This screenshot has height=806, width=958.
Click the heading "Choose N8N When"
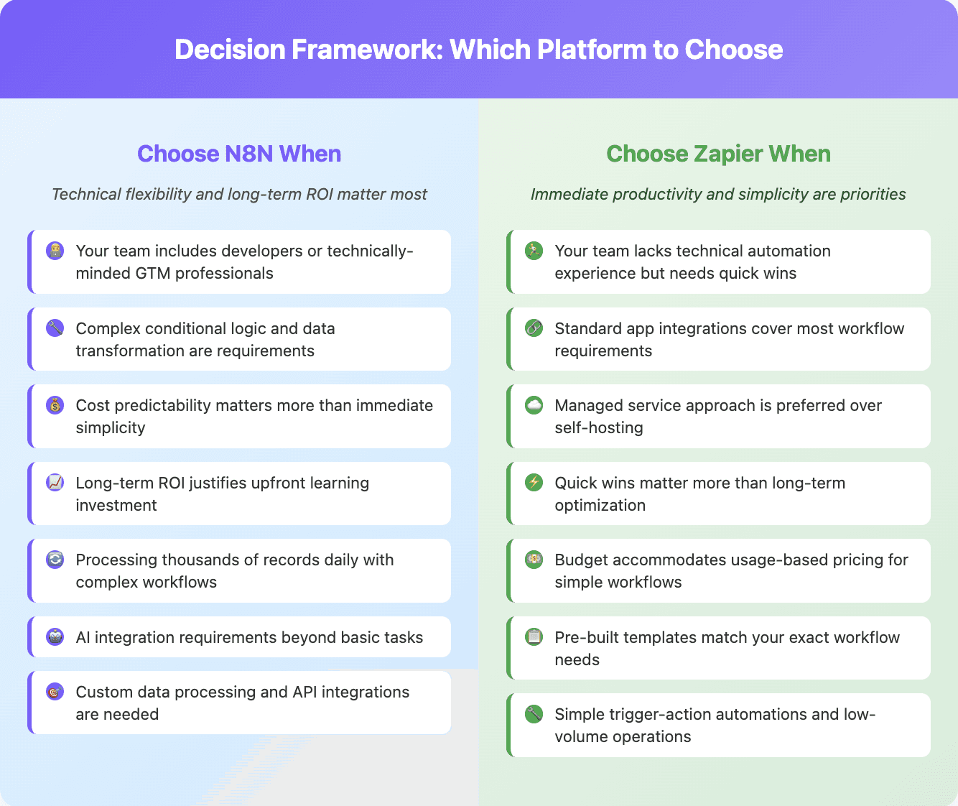[x=239, y=154]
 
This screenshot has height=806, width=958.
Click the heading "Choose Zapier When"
[x=718, y=154]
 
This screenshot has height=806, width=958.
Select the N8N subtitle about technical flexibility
[x=239, y=194]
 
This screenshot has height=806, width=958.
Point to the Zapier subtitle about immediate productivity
[x=718, y=194]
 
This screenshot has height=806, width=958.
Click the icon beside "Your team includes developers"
[x=55, y=251]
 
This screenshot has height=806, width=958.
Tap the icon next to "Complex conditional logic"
[x=55, y=328]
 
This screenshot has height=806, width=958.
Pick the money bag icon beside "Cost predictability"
[x=55, y=405]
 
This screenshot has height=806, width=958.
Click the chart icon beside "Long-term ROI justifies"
[x=55, y=483]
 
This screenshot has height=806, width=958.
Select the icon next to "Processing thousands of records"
[x=55, y=560]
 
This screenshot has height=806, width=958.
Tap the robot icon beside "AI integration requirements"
[x=55, y=637]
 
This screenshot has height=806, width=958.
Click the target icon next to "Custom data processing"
[x=55, y=692]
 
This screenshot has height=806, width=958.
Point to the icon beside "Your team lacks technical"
[x=534, y=251]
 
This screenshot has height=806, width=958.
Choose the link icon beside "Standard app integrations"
[x=534, y=328]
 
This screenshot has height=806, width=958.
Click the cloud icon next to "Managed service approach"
[x=534, y=405]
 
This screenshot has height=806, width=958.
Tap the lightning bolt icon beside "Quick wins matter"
[x=534, y=483]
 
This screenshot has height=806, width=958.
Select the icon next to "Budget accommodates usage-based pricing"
[x=534, y=560]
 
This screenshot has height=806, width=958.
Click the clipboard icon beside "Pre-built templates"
[x=534, y=637]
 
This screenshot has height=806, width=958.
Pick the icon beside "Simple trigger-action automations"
[x=534, y=714]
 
